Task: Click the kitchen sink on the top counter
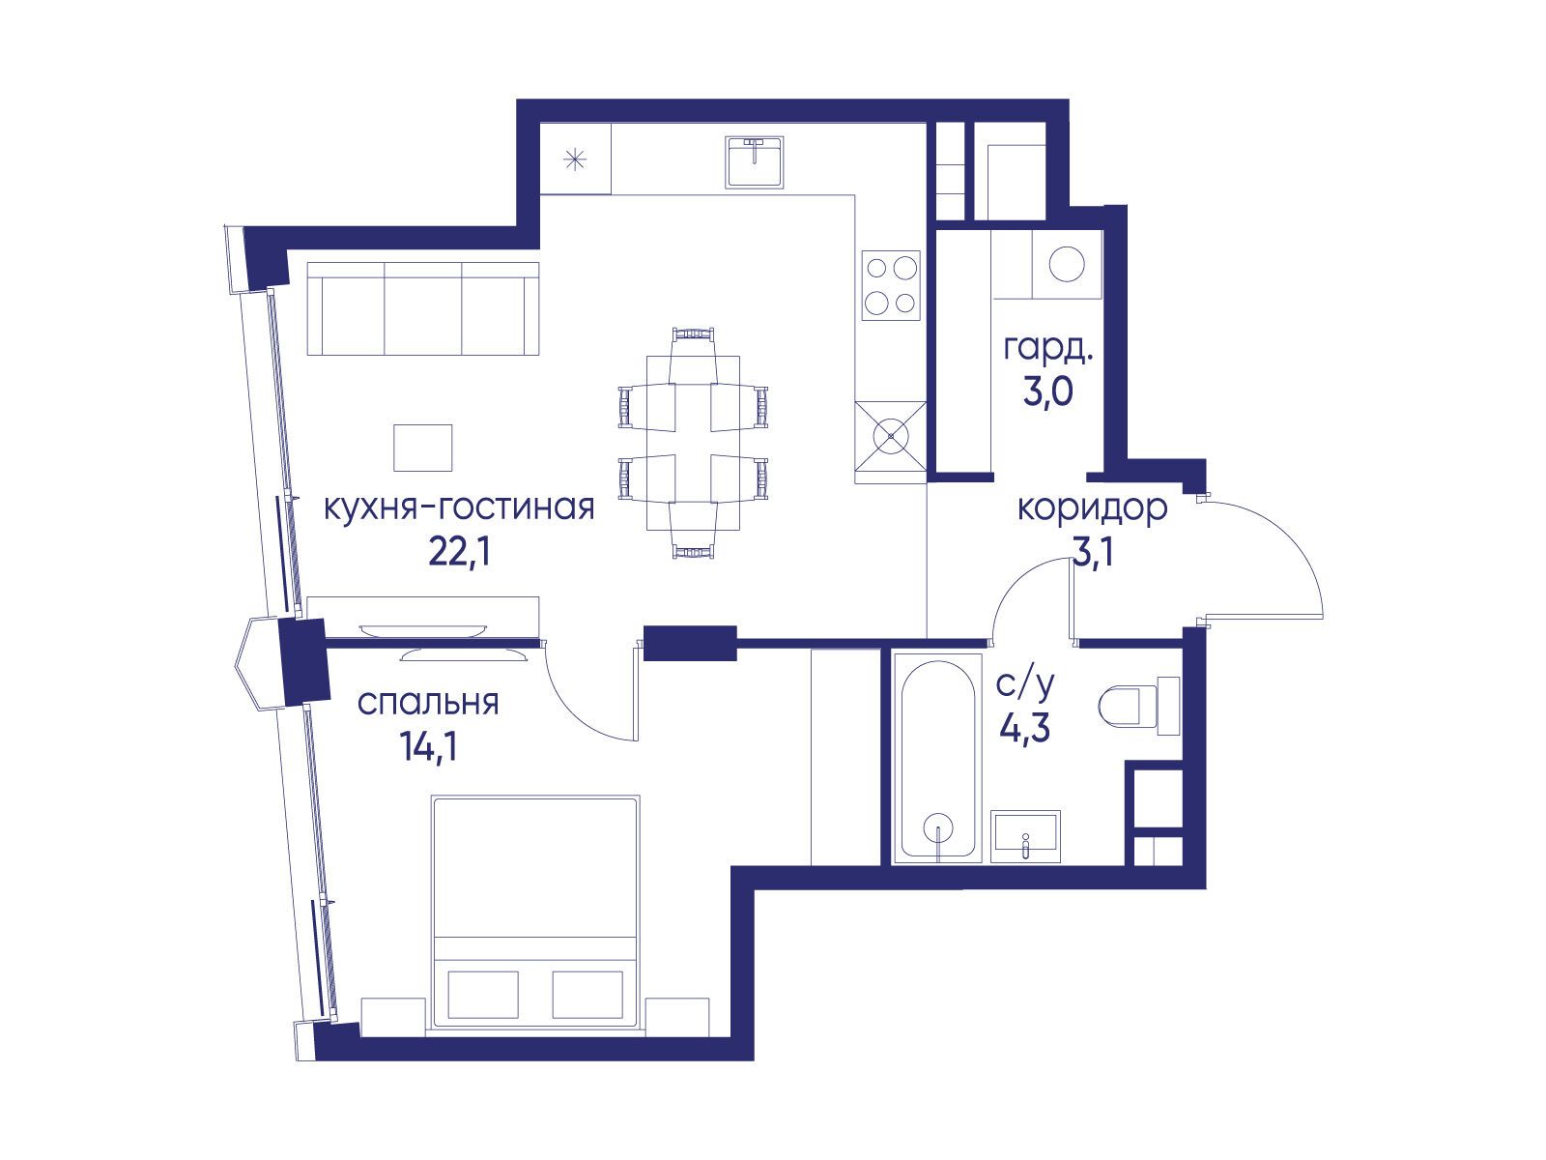(x=755, y=162)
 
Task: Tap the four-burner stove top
(x=891, y=286)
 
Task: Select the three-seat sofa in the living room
(x=423, y=308)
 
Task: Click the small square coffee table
(x=422, y=448)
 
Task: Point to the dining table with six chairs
(x=693, y=443)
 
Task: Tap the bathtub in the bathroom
(x=937, y=757)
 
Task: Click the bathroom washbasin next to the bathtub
(x=1025, y=836)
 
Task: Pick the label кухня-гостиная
(x=459, y=507)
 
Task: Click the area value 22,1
(x=459, y=554)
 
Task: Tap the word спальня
(x=428, y=703)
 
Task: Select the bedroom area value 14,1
(x=428, y=747)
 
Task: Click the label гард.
(x=1048, y=349)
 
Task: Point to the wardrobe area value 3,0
(x=1048, y=392)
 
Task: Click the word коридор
(x=1093, y=508)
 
